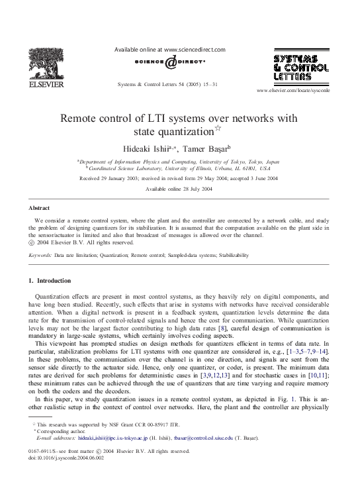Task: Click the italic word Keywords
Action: [39, 254]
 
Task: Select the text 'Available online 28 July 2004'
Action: [179, 188]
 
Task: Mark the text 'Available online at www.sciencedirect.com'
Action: [171, 50]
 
